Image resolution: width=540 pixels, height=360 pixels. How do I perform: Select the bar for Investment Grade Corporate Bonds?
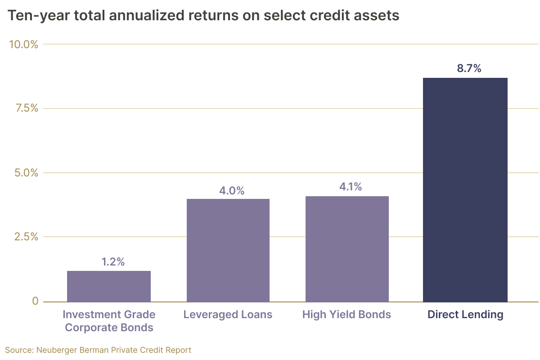(x=109, y=286)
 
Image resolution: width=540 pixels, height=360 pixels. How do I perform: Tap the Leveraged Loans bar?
(x=228, y=250)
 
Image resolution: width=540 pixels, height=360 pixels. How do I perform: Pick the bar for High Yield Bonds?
(x=347, y=249)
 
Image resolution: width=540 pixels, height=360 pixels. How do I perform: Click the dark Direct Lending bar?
(x=465, y=190)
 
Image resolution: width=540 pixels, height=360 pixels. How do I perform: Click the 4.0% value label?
(x=232, y=191)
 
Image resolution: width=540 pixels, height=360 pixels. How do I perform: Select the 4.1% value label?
(x=351, y=187)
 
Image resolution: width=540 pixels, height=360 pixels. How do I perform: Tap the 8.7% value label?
(x=469, y=69)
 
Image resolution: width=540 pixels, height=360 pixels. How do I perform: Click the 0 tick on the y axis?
(x=35, y=301)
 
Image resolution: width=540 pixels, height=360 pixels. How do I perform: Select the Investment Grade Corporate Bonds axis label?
(x=109, y=321)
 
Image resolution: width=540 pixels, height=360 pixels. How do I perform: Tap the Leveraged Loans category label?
(x=228, y=315)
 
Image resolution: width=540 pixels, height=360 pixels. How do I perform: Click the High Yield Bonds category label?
(x=347, y=315)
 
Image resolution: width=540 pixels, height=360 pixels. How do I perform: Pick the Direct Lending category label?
(x=465, y=315)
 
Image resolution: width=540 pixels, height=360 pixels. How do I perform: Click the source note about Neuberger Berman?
(x=99, y=350)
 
